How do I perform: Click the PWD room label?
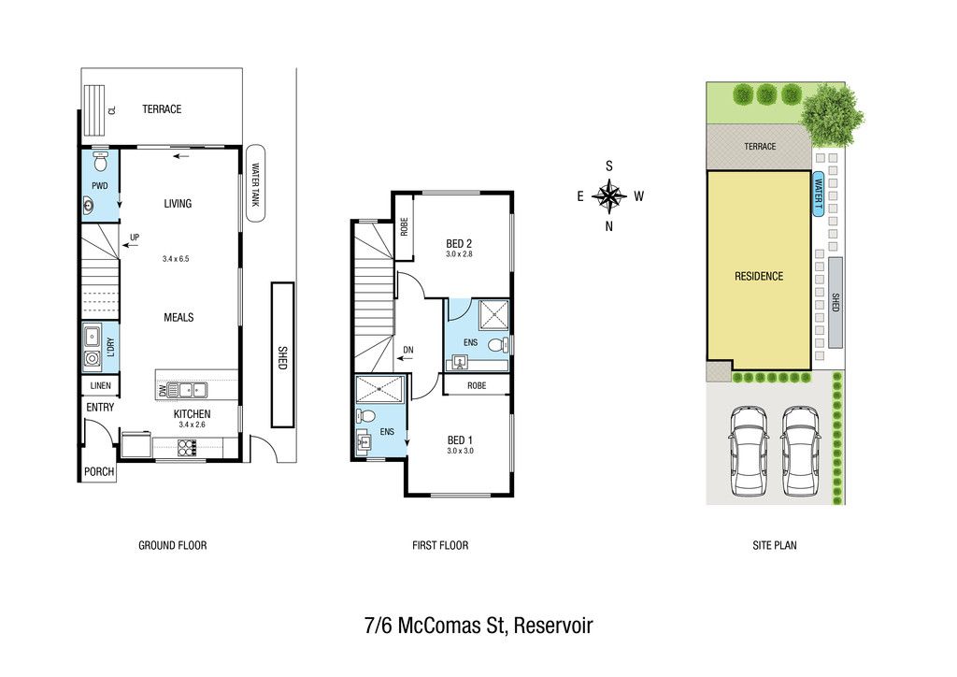[x=99, y=185]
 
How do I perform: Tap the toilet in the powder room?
[x=101, y=162]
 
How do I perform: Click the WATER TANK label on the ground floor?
[x=255, y=184]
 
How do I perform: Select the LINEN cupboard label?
[x=101, y=386]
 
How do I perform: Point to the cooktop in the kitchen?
[x=187, y=448]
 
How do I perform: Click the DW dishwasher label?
[x=163, y=390]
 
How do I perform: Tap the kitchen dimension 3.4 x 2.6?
[x=192, y=425]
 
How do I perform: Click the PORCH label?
[x=99, y=472]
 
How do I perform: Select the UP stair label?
[x=135, y=237]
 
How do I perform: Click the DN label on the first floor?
[x=408, y=350]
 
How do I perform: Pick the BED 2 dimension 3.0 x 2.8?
[x=459, y=254]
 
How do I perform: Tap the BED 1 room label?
[x=460, y=440]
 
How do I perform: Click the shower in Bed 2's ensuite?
[x=493, y=314]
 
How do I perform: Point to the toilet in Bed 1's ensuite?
[x=366, y=416]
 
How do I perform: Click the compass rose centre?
[x=609, y=196]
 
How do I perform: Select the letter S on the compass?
[x=609, y=166]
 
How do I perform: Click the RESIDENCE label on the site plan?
[x=759, y=277]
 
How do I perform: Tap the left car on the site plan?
[x=749, y=451]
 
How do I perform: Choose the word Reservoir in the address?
[x=553, y=627]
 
